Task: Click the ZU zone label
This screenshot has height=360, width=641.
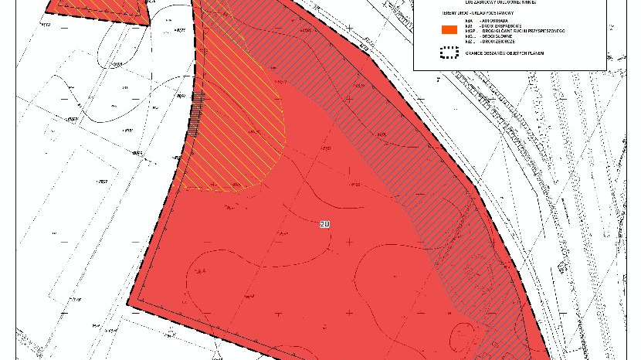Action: (325, 224)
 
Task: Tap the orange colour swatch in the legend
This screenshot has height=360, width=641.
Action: (449, 30)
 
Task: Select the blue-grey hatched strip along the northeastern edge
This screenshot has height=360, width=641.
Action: (402, 131)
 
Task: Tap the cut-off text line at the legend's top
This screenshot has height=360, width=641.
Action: (510, 3)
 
